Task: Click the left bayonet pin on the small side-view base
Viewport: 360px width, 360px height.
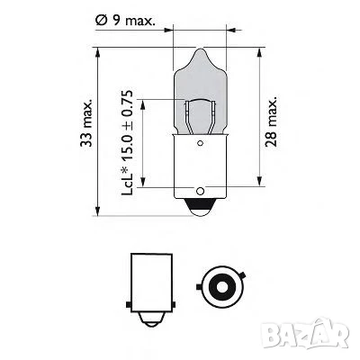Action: [127, 287]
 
